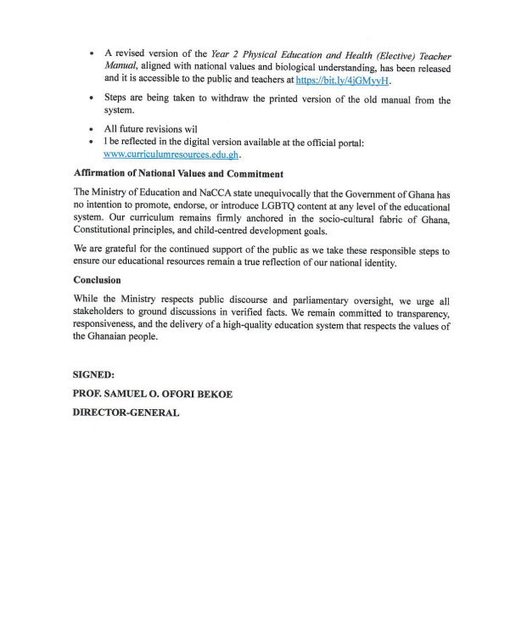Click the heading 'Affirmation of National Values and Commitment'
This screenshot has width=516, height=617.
pos(178,174)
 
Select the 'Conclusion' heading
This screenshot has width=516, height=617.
pos(97,280)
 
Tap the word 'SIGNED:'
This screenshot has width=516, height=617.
pos(95,373)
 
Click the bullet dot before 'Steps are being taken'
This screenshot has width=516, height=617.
pos(91,99)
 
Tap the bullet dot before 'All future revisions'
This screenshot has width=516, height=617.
pos(91,129)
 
